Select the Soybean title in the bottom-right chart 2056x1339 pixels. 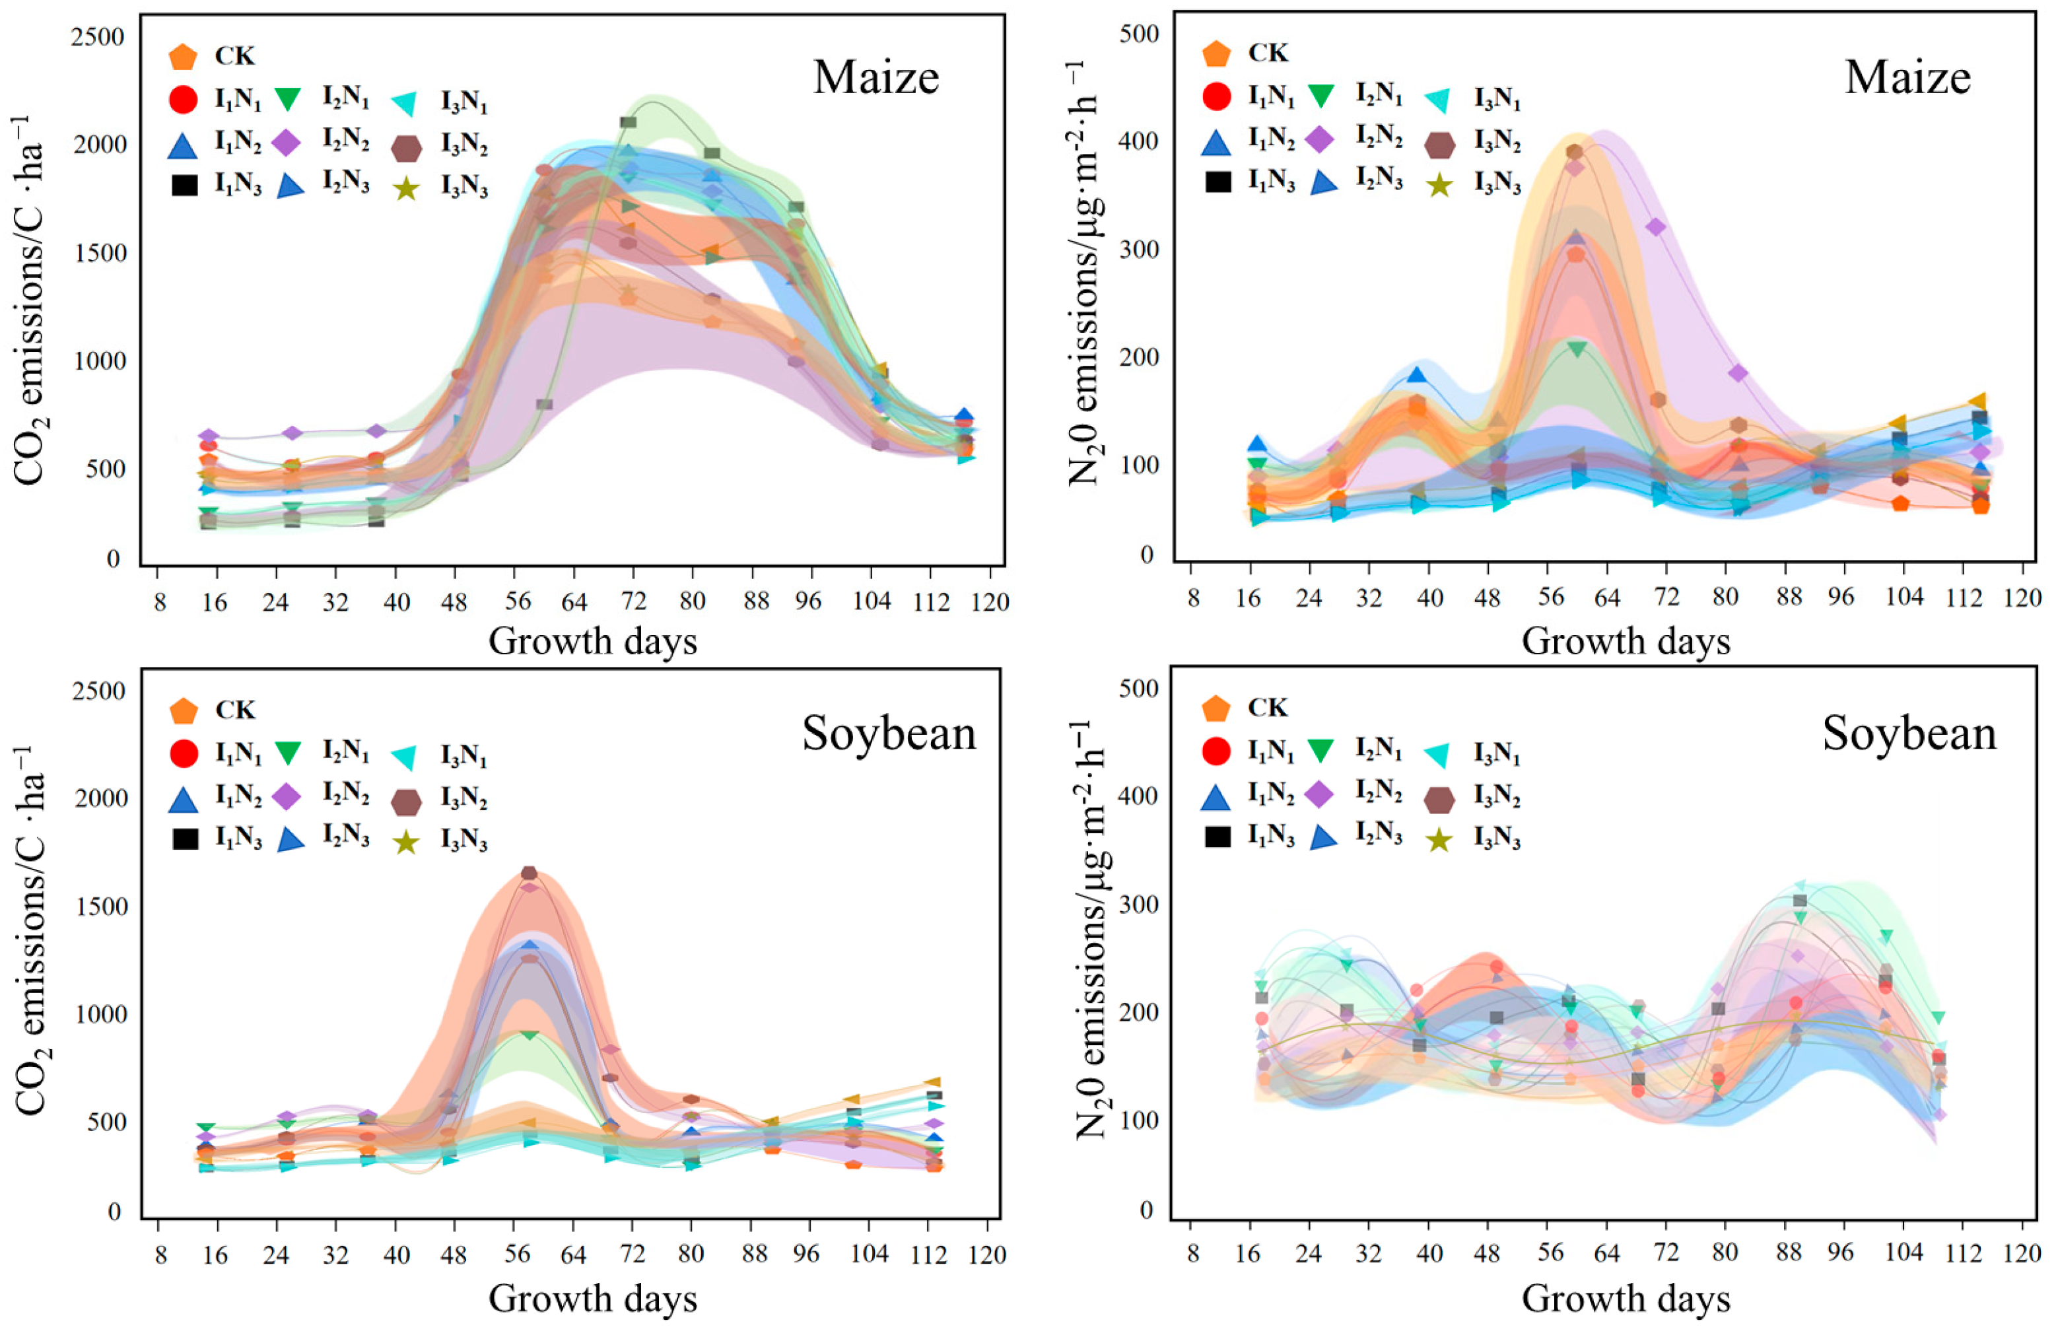1909,734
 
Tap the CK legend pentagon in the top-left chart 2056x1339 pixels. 183,57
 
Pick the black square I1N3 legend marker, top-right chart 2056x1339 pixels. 1217,182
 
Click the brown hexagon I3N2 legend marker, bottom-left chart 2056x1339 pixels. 406,802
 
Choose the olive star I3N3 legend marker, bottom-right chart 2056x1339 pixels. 1438,839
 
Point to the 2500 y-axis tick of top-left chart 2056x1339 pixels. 99,36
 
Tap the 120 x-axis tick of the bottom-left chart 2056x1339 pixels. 988,1254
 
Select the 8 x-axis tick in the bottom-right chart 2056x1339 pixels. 1193,1253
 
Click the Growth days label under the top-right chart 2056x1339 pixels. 1625,642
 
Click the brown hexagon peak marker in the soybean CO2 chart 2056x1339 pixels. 529,874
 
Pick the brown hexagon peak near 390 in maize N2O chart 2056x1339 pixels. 1575,152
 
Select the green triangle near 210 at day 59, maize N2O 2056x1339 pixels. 1577,349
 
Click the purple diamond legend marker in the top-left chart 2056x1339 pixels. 286,143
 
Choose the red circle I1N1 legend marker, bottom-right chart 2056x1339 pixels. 1216,751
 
